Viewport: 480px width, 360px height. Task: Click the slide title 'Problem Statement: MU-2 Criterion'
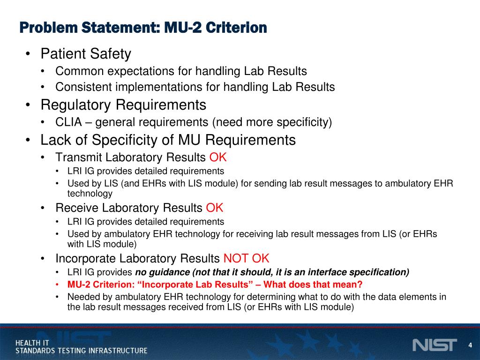(143, 28)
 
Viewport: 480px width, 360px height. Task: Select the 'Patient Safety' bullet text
(86, 54)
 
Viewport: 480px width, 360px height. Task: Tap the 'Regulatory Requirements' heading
(123, 104)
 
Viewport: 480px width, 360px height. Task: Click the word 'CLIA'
(68, 123)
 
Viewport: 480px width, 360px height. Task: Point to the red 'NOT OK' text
(246, 258)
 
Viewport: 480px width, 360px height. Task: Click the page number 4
(470, 345)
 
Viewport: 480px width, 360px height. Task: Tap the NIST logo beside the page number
(434, 345)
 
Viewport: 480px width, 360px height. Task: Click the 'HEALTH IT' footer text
(32, 343)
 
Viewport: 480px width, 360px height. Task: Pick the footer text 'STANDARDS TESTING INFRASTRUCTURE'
(82, 351)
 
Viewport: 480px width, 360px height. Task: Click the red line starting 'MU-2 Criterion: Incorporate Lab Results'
(215, 285)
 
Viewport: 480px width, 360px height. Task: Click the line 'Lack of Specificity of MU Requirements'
(168, 140)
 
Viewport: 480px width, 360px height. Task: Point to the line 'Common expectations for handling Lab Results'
(181, 71)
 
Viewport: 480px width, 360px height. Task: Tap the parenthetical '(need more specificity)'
(272, 123)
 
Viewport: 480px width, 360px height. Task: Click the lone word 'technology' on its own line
(90, 193)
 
